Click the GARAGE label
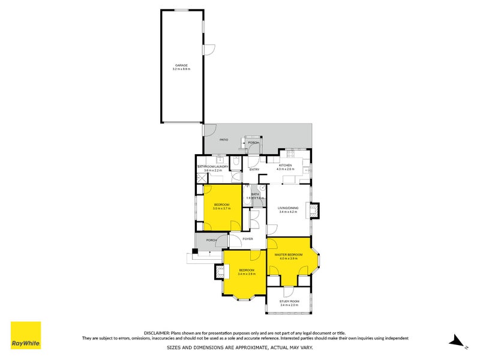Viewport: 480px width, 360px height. click(181, 65)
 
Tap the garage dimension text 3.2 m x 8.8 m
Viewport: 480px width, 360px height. click(181, 69)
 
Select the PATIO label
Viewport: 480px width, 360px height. click(206, 140)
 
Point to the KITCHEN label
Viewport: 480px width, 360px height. click(285, 165)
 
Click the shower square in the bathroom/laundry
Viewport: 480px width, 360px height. click(200, 178)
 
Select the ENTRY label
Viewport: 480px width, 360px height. click(254, 169)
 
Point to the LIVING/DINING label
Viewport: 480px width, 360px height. click(287, 208)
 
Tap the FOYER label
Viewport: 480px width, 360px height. click(247, 239)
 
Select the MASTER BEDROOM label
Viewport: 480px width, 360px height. click(289, 254)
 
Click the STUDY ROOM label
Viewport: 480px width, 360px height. click(289, 302)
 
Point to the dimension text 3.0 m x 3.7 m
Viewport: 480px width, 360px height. click(222, 209)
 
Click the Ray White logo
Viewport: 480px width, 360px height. click(26, 335)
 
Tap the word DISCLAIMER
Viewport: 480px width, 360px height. click(157, 332)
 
